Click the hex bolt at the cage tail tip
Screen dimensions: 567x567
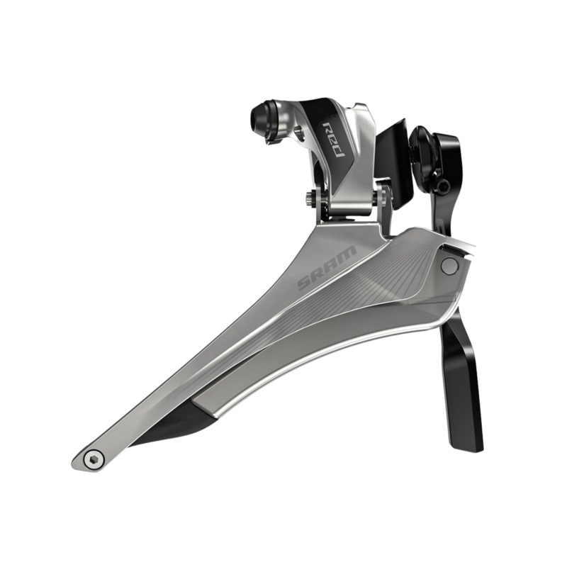[91, 459]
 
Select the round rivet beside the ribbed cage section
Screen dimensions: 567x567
[449, 266]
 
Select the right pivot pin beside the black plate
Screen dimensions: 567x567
[383, 191]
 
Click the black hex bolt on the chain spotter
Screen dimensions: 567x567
[442, 186]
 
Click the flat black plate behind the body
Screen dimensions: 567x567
[394, 159]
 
